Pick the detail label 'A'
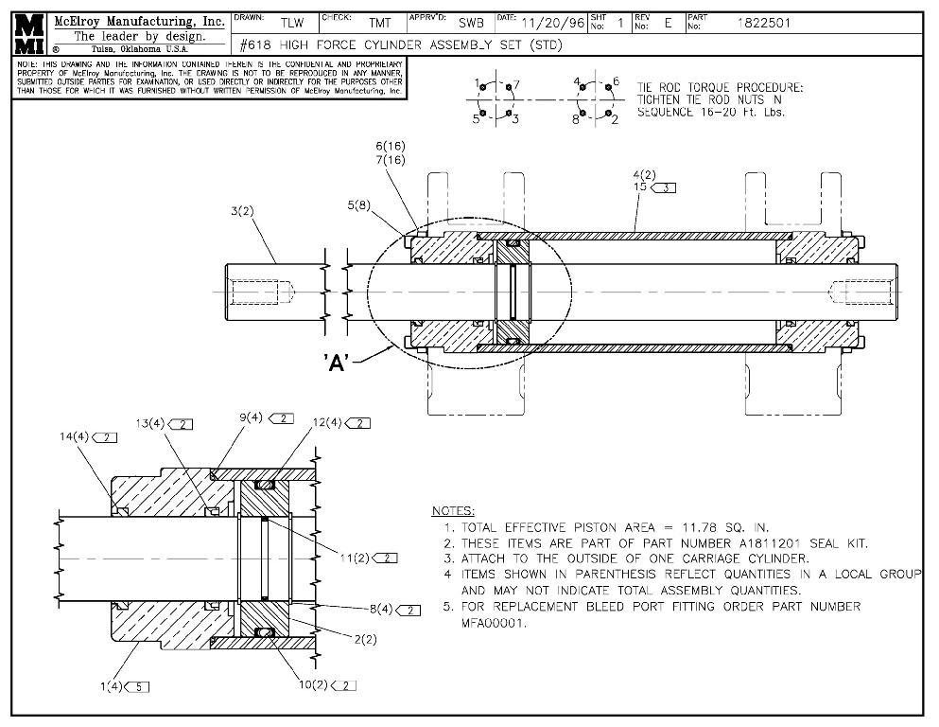point(338,363)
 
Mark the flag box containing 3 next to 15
point(665,188)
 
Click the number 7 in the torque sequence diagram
point(516,84)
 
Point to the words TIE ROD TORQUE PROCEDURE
point(720,87)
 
